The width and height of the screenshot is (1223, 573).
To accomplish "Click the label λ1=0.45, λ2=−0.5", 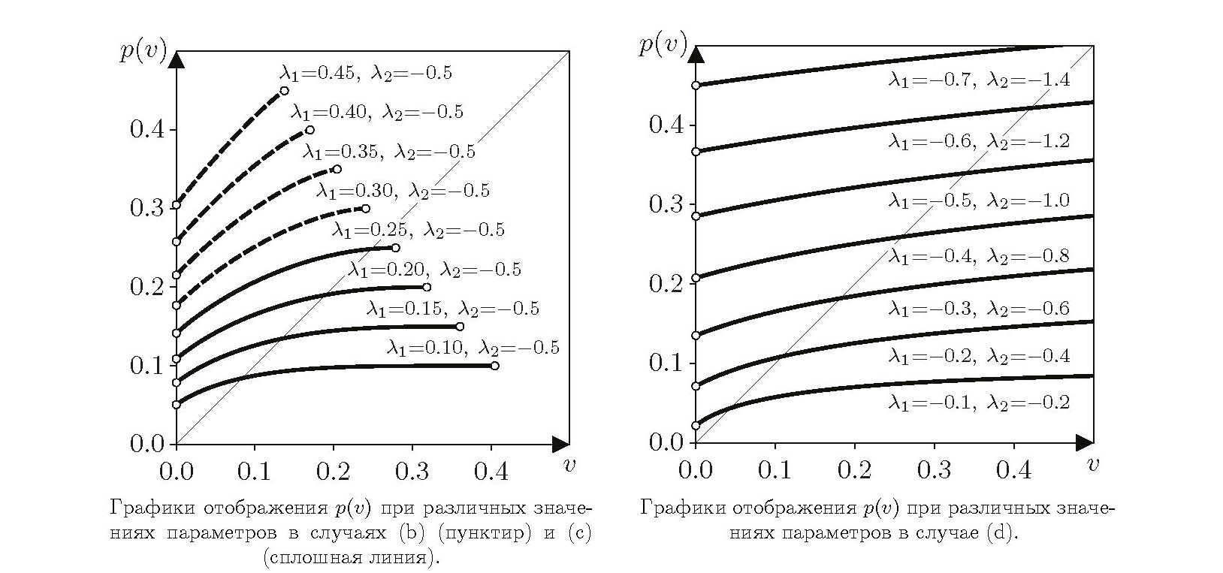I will [366, 74].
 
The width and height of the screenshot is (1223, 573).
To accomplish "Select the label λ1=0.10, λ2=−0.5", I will [473, 348].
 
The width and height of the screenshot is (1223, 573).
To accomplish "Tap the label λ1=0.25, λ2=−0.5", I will [418, 230].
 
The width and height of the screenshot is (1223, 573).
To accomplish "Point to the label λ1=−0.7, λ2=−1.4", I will [979, 80].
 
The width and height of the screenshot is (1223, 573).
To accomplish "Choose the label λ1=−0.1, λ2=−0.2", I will [979, 403].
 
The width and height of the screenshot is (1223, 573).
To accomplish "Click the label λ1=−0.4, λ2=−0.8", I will [979, 257].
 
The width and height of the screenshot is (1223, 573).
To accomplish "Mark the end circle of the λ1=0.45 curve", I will [284, 91].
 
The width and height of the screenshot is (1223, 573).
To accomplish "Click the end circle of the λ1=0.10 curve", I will [494, 366].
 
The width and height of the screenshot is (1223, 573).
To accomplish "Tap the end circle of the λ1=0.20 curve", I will [427, 287].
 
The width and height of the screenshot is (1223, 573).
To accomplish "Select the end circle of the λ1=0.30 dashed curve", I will [366, 209].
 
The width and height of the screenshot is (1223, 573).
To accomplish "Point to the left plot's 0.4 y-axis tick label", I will [147, 130].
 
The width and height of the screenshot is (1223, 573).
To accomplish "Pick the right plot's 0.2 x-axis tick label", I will [853, 469].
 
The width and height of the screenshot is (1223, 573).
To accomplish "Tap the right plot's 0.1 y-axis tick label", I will [666, 363].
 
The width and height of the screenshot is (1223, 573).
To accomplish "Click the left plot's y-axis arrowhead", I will [177, 59].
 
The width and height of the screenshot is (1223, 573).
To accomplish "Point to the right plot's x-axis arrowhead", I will [1084, 442].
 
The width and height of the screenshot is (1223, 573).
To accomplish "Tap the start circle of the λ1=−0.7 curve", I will [696, 86].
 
